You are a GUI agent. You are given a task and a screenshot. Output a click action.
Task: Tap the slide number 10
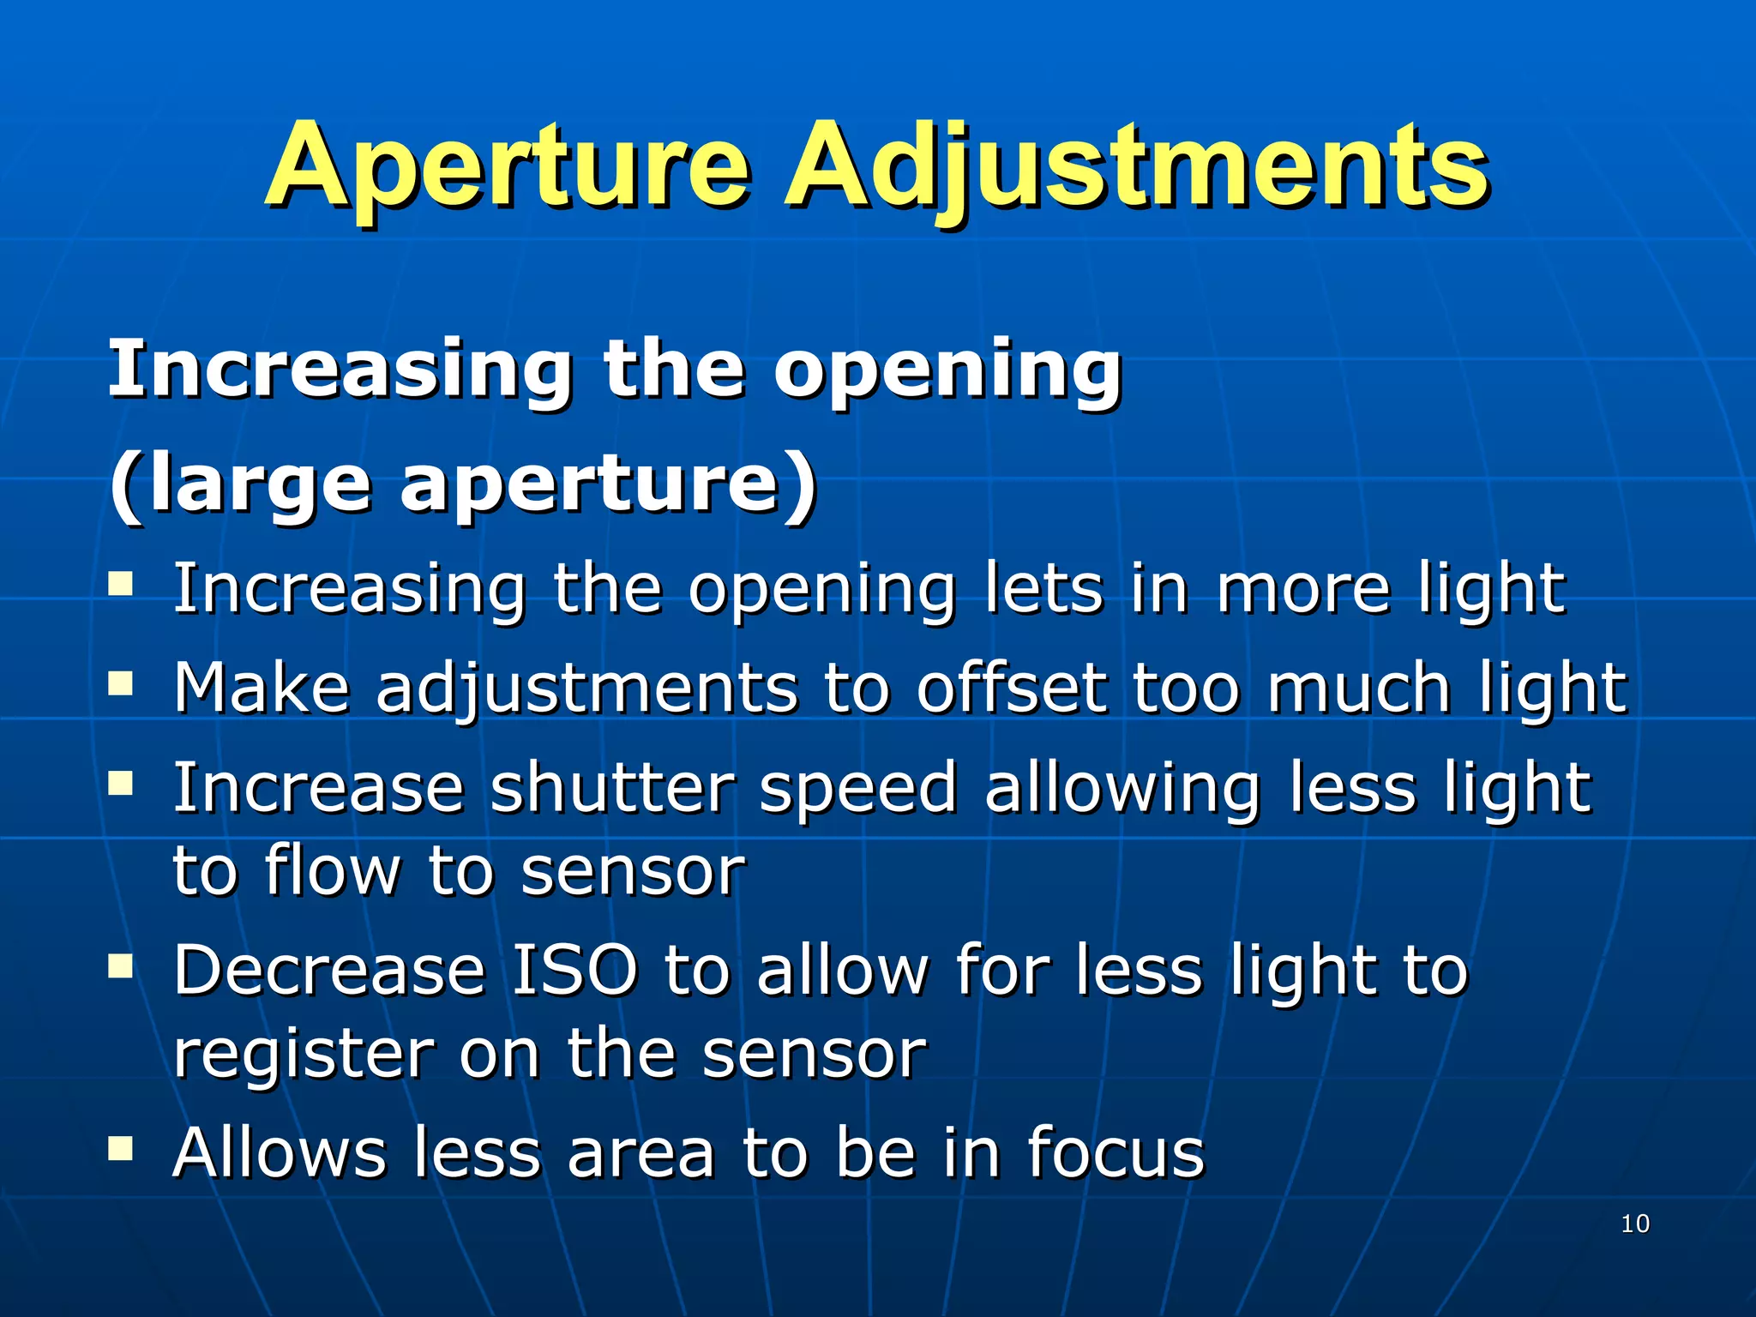[x=1635, y=1224]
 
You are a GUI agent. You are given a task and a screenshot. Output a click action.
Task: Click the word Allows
[x=280, y=1152]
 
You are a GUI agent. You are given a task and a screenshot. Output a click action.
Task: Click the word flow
[x=333, y=871]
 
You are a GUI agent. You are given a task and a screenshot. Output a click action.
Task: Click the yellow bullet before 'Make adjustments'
[x=121, y=683]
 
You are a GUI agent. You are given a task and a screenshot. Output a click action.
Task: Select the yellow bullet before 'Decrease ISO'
[x=121, y=966]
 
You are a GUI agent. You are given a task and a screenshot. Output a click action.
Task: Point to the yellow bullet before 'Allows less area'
[x=121, y=1148]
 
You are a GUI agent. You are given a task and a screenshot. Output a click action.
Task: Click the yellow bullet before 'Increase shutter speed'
[x=121, y=783]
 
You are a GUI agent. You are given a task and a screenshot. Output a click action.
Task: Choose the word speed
[x=858, y=789]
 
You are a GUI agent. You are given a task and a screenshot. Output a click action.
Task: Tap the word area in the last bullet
[x=640, y=1154]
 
